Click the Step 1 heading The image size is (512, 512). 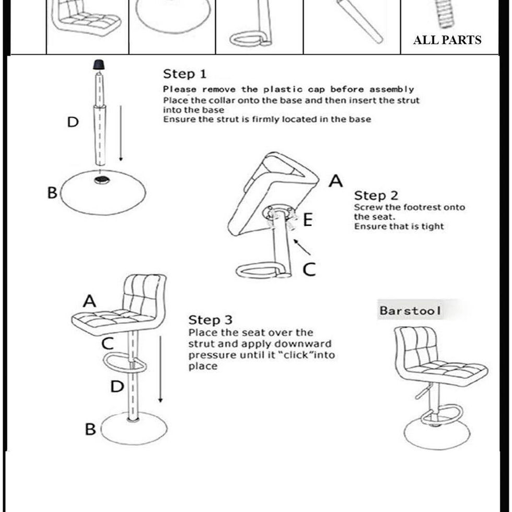184,74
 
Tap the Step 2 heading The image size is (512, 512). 376,196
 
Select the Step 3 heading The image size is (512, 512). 210,320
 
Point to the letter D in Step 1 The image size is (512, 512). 73,122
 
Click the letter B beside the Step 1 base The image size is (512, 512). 52,193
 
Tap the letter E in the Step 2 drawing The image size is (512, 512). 308,220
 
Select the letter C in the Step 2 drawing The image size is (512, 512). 309,269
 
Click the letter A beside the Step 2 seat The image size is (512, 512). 335,181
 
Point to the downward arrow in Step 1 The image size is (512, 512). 121,133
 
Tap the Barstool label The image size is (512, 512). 410,311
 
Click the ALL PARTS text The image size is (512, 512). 447,40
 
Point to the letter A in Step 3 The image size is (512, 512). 89,301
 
